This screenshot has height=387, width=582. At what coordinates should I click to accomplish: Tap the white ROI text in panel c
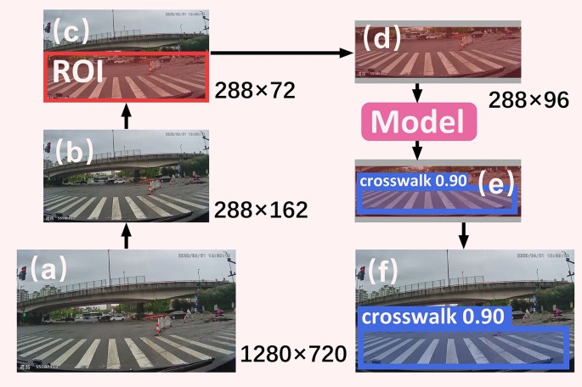[x=78, y=71]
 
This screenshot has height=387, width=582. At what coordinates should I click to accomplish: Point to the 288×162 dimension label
[x=260, y=209]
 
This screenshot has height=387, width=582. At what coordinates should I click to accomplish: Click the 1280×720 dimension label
[x=293, y=353]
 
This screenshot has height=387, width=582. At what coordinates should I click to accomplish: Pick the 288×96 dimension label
[x=528, y=100]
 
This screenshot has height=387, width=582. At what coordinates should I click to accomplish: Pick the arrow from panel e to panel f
[x=463, y=233]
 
